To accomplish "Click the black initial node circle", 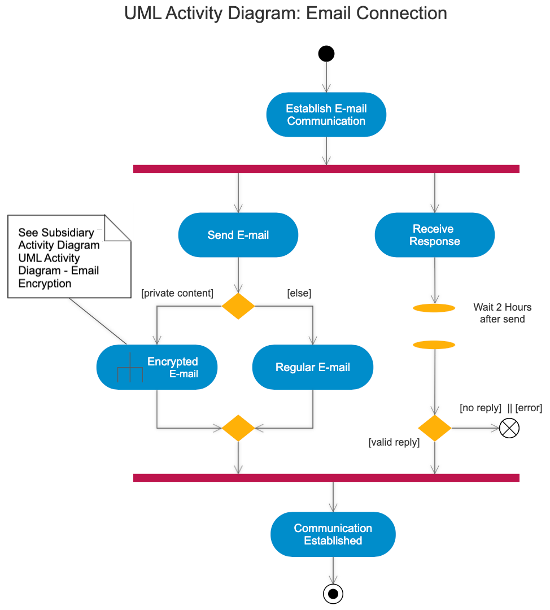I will click(326, 54).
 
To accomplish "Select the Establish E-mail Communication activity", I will click(326, 115).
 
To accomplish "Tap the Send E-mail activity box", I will click(238, 235).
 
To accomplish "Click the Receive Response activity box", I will click(435, 235).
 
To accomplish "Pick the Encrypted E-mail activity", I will click(157, 367).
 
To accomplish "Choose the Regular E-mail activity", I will click(313, 367).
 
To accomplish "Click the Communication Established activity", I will click(333, 534).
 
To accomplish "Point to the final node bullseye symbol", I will click(333, 594).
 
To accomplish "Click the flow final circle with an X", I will click(509, 428).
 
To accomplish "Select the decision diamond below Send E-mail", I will click(238, 306).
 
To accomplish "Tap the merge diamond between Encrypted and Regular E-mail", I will click(238, 428).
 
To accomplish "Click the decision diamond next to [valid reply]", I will click(435, 428).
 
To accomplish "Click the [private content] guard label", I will click(177, 293).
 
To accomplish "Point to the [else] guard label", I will click(299, 293).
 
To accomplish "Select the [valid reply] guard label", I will click(394, 442).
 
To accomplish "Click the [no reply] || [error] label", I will click(501, 408).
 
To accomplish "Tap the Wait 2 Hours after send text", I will click(503, 313).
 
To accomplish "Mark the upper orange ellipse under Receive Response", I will click(434, 308).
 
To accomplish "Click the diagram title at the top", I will click(286, 13).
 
